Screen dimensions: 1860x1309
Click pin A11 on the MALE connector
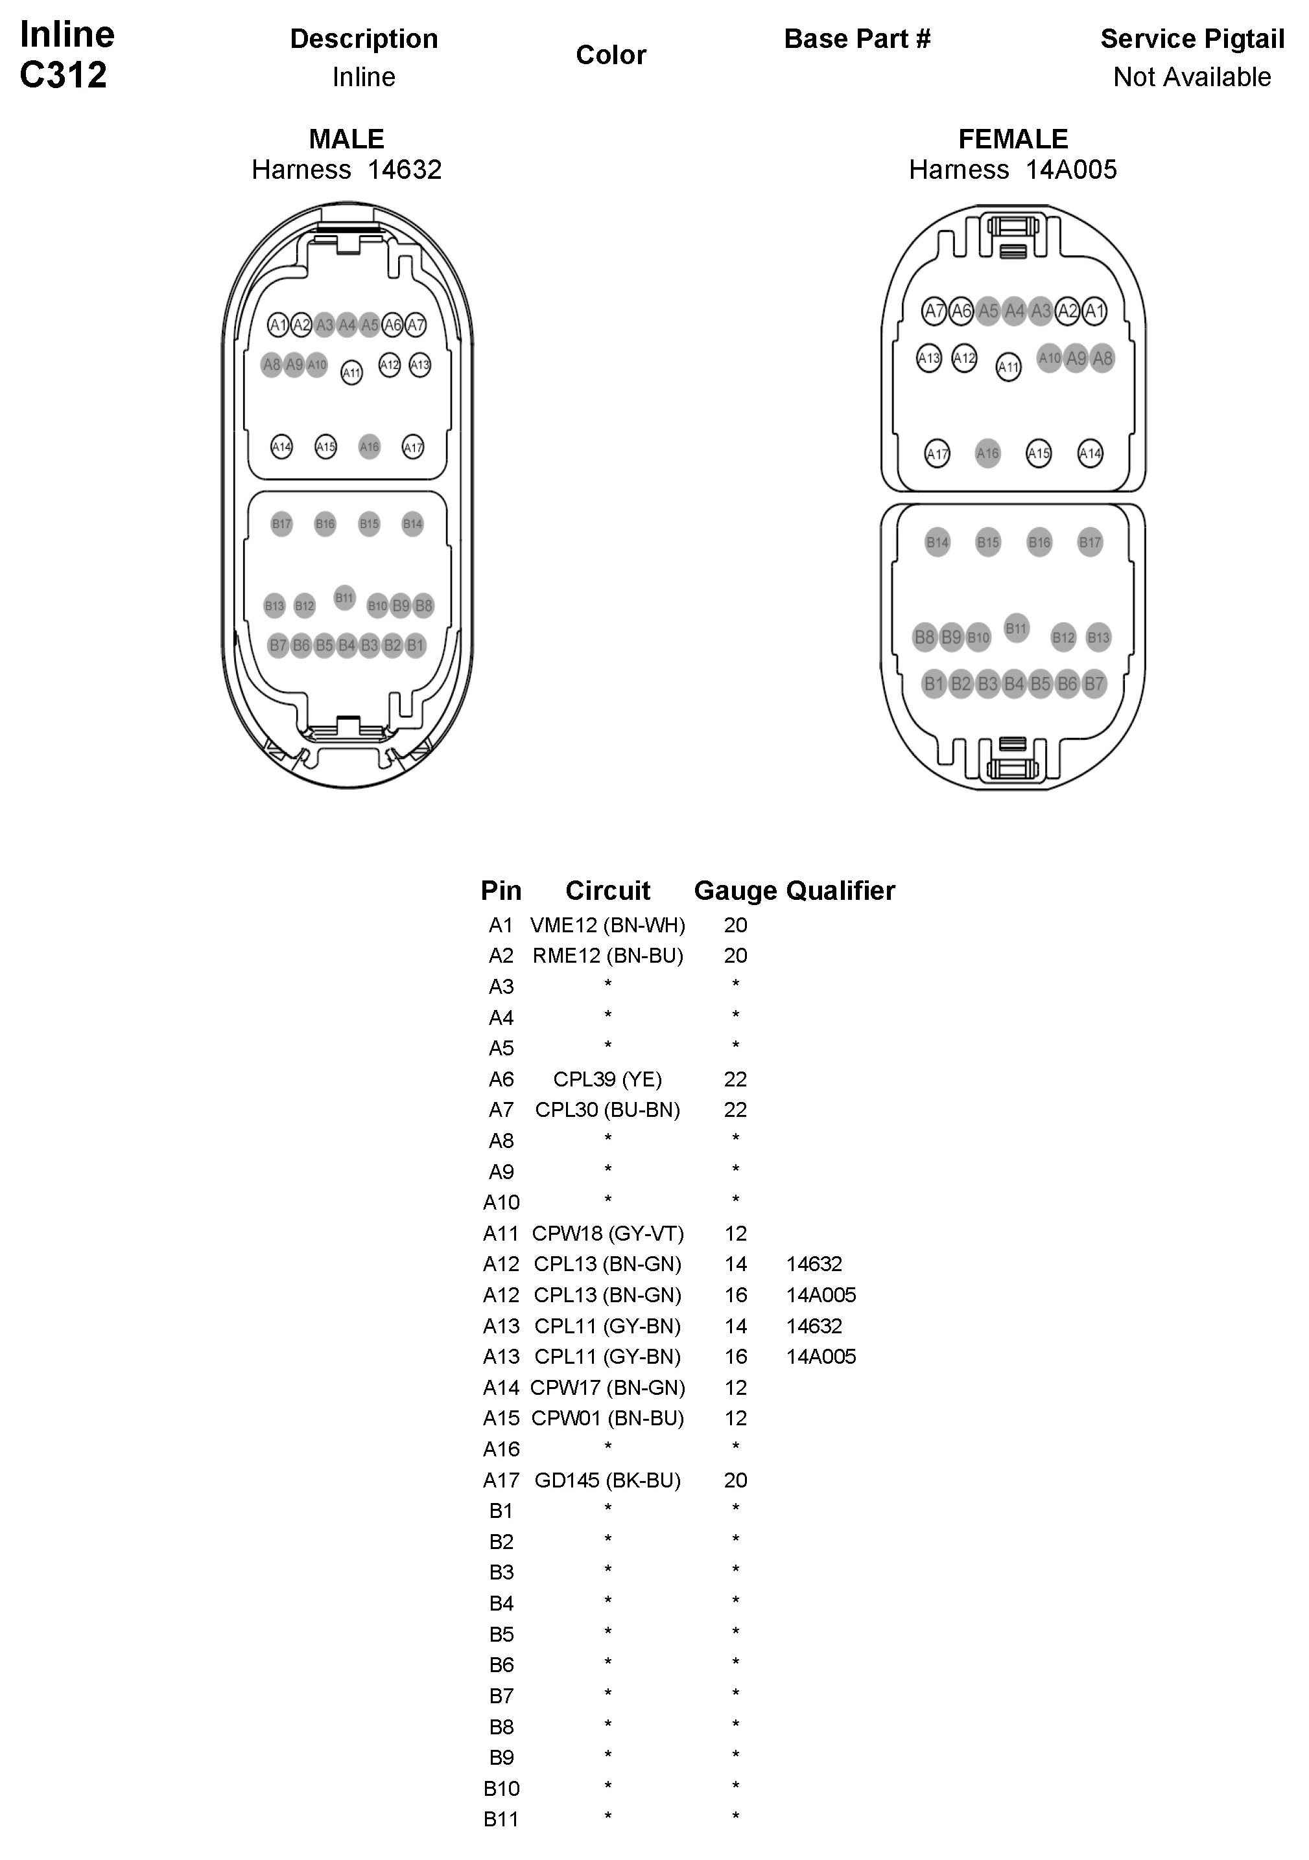click(x=351, y=373)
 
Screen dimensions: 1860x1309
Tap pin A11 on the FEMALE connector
click(x=1008, y=367)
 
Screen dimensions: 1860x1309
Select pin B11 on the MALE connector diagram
click(x=344, y=598)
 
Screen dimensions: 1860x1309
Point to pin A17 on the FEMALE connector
click(x=937, y=454)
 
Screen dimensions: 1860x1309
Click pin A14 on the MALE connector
click(x=281, y=446)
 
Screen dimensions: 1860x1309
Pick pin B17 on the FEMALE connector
click(x=1089, y=542)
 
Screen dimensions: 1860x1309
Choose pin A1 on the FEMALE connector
click(x=1094, y=311)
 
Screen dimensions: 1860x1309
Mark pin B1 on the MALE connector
click(x=415, y=646)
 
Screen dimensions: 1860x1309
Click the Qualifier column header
click(x=840, y=890)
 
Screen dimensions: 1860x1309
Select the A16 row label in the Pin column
click(x=501, y=1449)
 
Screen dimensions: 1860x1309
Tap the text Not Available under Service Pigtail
click(x=1192, y=77)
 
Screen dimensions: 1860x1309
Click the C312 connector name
click(x=64, y=75)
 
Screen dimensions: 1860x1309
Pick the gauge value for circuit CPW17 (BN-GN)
click(x=735, y=1388)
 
